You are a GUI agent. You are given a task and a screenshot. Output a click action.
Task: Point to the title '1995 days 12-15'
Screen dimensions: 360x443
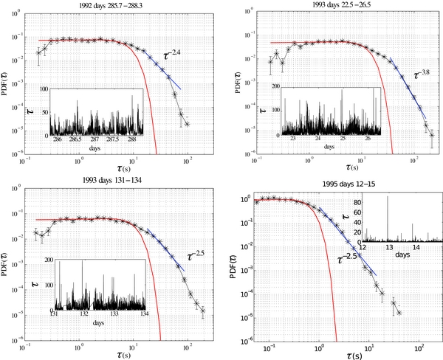tap(340, 185)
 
